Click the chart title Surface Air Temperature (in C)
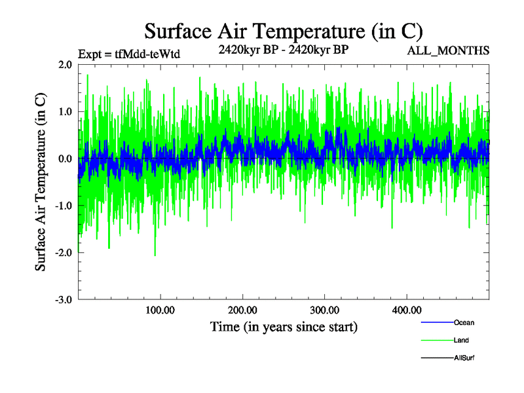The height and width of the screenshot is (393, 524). coord(284,31)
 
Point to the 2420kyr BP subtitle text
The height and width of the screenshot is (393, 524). coord(283,49)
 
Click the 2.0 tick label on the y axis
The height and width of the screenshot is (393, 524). coord(65,65)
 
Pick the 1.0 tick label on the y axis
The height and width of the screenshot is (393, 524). coord(65,112)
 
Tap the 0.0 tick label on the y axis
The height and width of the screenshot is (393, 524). coord(65,159)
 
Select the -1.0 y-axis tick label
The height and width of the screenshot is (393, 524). coord(63,206)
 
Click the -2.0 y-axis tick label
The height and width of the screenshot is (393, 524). coord(63,253)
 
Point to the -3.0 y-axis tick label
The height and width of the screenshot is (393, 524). coord(63,300)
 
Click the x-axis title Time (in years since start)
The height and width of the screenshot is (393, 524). coord(284,326)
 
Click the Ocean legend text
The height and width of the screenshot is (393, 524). coord(464,323)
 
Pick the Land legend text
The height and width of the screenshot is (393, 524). coord(461,341)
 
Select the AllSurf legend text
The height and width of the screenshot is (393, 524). coord(464,358)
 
